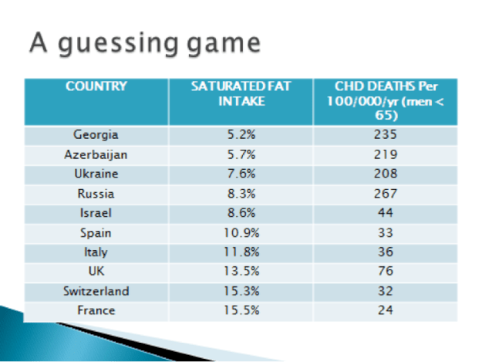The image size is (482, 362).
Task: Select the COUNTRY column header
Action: [x=96, y=86]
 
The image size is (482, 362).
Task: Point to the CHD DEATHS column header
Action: [x=386, y=100]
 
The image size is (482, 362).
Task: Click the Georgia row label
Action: [x=96, y=134]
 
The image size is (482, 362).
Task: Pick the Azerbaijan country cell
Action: [x=96, y=154]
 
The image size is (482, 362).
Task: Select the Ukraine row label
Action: [x=96, y=173]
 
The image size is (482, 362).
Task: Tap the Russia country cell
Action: [x=96, y=193]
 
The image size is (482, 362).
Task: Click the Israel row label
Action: [x=96, y=212]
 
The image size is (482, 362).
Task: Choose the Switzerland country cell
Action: [x=96, y=291]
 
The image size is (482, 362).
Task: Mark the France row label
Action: [x=96, y=310]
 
